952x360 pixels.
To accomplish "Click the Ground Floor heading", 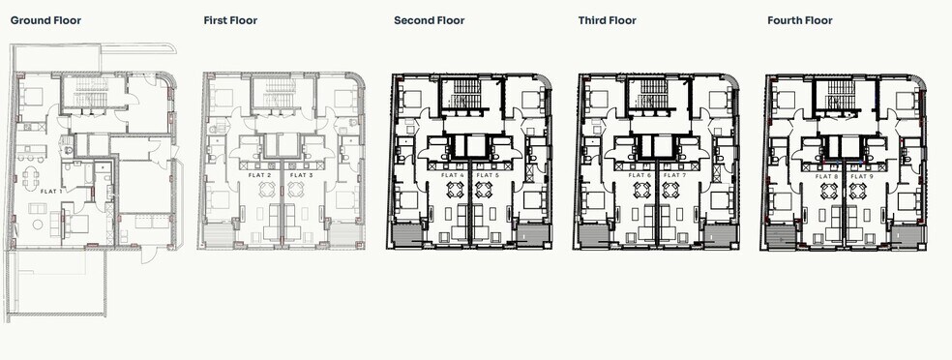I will click(45, 19).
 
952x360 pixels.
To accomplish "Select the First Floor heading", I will click(229, 19).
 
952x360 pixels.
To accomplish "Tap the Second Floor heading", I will click(429, 19).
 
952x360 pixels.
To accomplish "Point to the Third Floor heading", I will click(610, 19).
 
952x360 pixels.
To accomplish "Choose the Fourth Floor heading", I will click(800, 19).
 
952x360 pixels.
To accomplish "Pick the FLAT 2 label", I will click(259, 174).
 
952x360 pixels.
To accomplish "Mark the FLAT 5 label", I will click(490, 174).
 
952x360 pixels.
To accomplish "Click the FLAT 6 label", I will click(638, 174).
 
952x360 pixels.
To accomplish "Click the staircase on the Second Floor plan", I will click(462, 95).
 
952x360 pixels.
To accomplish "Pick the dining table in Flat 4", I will click(451, 190).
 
